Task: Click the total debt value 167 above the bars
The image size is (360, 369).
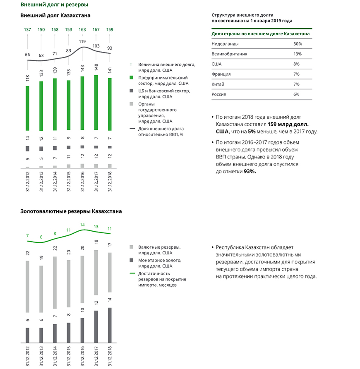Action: click(x=96, y=29)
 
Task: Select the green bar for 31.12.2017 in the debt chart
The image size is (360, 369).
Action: click(x=96, y=103)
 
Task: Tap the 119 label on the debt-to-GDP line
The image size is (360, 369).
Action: click(x=83, y=41)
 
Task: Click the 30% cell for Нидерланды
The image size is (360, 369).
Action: click(x=298, y=44)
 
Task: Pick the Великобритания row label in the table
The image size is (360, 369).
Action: click(x=229, y=54)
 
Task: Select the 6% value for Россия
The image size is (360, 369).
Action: click(x=296, y=94)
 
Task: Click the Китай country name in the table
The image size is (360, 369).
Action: click(x=218, y=84)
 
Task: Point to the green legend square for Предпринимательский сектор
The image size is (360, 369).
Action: click(x=131, y=78)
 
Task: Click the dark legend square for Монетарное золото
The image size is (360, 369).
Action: click(x=131, y=261)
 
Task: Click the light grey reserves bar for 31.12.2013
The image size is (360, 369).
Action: click(x=41, y=289)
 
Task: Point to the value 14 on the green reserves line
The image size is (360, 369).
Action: click(x=82, y=225)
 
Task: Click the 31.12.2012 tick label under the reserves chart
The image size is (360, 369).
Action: click(x=28, y=355)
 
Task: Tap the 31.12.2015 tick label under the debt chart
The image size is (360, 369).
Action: click(x=69, y=181)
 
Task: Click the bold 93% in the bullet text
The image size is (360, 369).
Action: click(x=250, y=171)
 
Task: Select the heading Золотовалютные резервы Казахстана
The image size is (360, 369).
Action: click(x=71, y=211)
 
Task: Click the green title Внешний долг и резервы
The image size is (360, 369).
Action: click(x=54, y=5)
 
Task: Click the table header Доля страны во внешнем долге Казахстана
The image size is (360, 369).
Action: click(x=261, y=34)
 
